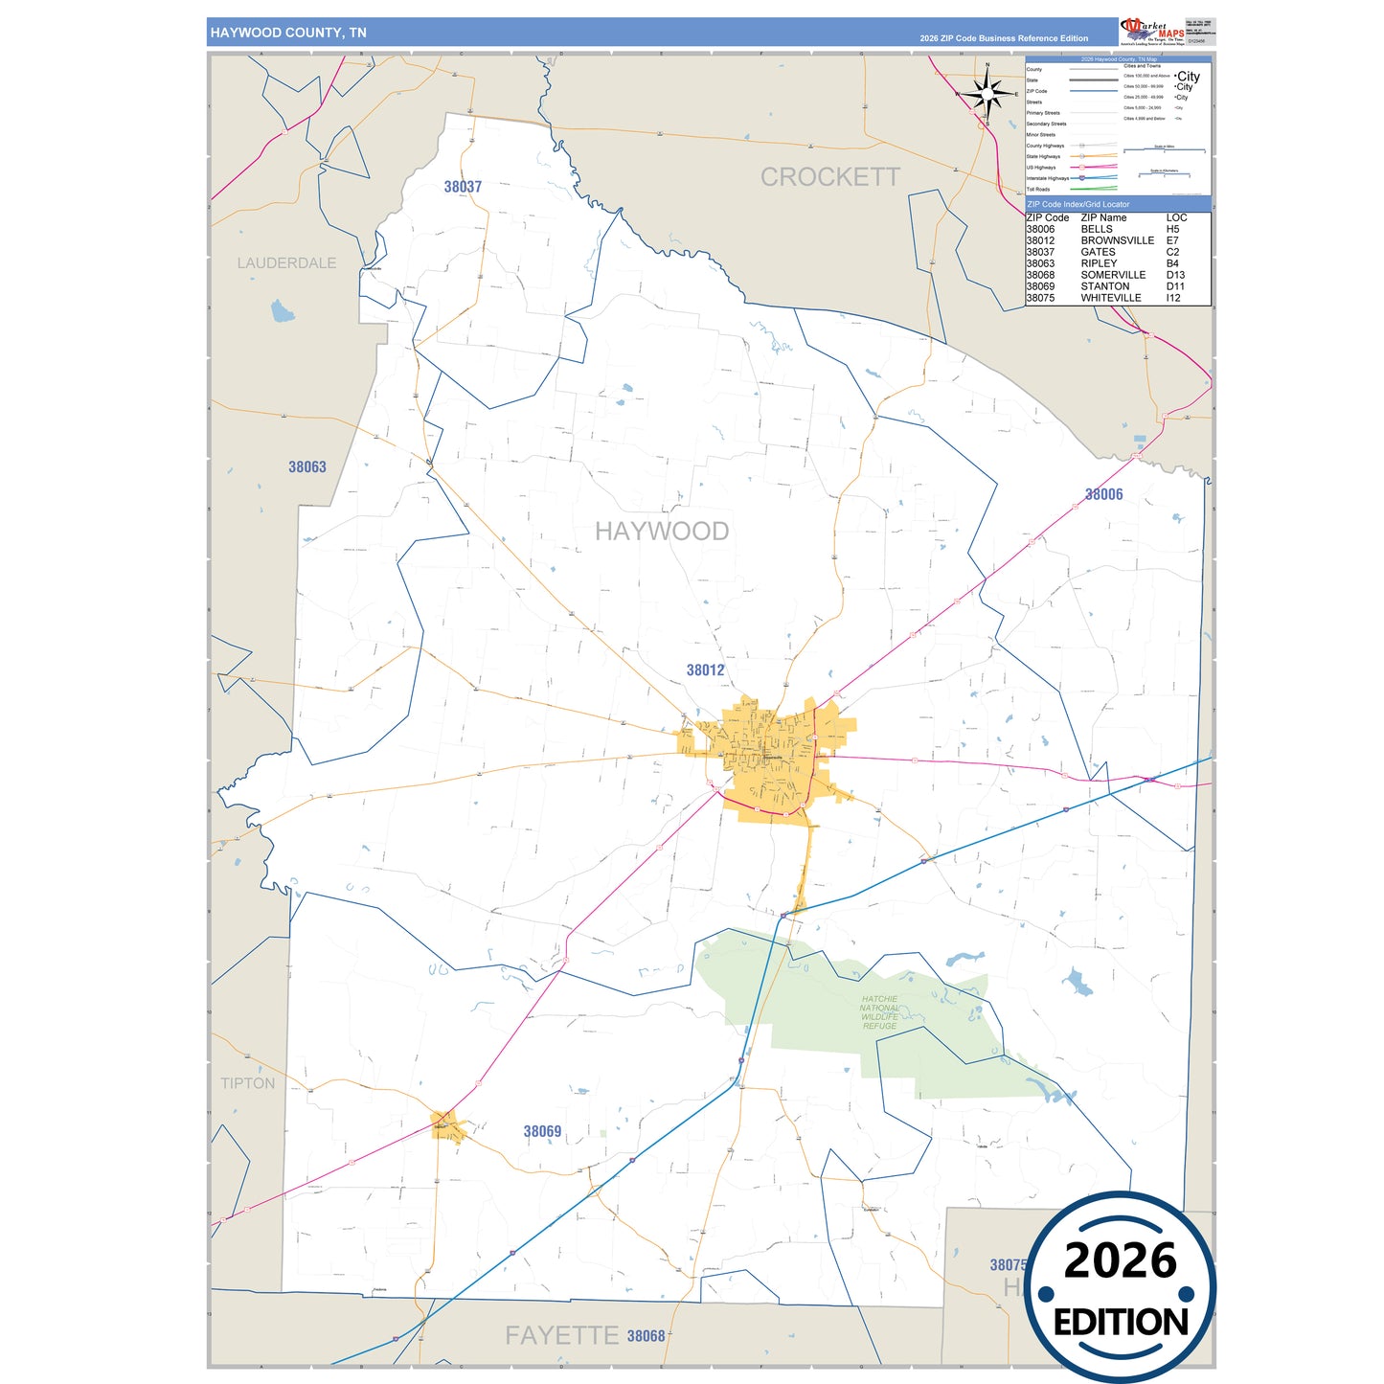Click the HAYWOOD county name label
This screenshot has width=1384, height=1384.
(661, 532)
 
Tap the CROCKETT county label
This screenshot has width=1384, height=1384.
(829, 177)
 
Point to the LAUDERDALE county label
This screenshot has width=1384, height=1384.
(286, 263)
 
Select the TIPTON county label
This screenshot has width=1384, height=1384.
(247, 1083)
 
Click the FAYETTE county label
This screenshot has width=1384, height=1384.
(561, 1335)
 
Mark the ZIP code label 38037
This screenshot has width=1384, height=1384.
(463, 187)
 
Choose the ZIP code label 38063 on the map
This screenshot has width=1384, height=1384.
(307, 467)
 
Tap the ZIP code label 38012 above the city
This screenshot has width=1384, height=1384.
(705, 670)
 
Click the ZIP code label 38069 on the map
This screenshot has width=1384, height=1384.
(542, 1131)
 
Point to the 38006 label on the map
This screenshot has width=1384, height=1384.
(1103, 494)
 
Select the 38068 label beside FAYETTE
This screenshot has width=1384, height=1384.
(646, 1336)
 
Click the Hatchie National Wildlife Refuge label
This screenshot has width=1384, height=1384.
(879, 1012)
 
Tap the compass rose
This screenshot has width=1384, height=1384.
(987, 94)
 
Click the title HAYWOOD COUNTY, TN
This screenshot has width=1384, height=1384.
(288, 33)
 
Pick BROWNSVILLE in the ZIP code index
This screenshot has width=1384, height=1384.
(1117, 240)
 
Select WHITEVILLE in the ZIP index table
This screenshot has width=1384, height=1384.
(1110, 298)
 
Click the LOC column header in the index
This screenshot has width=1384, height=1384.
(1176, 217)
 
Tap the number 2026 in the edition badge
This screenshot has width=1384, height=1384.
(1120, 1260)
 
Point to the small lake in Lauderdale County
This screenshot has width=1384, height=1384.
(282, 311)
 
